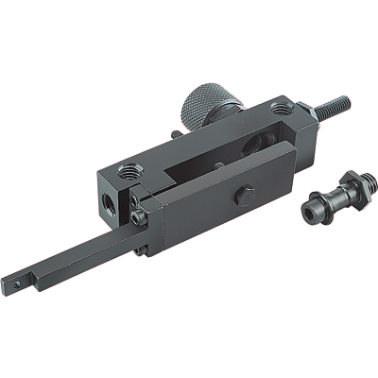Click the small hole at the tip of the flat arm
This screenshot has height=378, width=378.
pyautogui.click(x=16, y=282)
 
